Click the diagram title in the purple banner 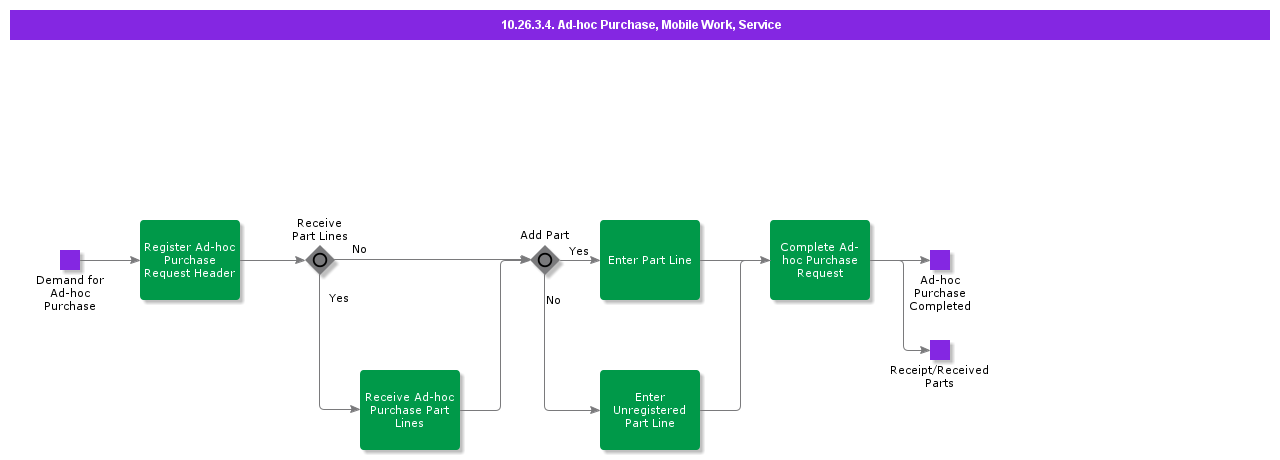[x=640, y=25]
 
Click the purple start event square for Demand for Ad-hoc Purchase [x=70, y=260]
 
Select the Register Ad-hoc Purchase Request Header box [x=190, y=260]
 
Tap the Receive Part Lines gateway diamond [x=320, y=260]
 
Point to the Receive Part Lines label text [x=320, y=230]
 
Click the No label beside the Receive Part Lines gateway [x=359, y=249]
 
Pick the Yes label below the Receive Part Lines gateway [x=339, y=298]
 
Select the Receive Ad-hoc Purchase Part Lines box [x=410, y=410]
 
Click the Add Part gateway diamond [x=544, y=260]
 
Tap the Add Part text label [x=544, y=236]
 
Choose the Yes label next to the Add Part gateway [x=579, y=251]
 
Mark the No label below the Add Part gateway [x=553, y=300]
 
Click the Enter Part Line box [x=650, y=260]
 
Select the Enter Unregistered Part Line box [x=650, y=410]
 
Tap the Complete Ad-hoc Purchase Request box [x=820, y=260]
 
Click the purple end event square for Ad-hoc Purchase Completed [x=940, y=260]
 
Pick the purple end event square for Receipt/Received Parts [x=940, y=350]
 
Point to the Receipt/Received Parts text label [x=939, y=376]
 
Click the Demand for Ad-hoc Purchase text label [x=70, y=293]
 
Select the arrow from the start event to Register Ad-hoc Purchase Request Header [x=110, y=260]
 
